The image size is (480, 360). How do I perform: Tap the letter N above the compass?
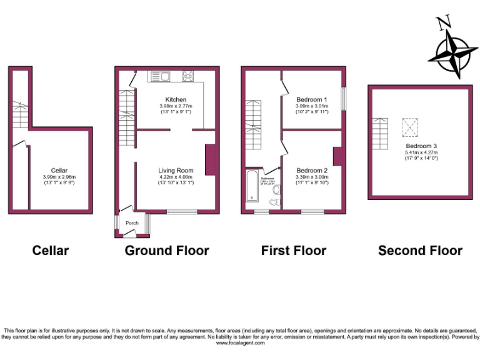click(444, 24)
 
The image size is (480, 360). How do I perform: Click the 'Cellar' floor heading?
click(51, 251)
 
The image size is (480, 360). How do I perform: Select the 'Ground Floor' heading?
click(167, 251)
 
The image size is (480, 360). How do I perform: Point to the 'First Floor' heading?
click(294, 251)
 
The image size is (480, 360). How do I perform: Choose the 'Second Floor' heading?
click(420, 251)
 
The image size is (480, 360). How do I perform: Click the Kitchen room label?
click(176, 100)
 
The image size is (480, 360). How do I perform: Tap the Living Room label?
click(176, 170)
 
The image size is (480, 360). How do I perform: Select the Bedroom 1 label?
click(312, 100)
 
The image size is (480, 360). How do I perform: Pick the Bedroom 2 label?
click(312, 171)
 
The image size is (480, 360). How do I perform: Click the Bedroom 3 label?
click(421, 146)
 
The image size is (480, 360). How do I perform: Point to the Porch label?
click(132, 223)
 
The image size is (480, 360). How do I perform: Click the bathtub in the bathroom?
click(252, 186)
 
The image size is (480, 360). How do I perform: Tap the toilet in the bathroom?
click(274, 202)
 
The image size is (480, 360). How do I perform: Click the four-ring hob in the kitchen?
click(187, 77)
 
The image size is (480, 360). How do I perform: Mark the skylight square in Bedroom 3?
click(409, 127)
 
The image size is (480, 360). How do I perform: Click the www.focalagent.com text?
click(240, 343)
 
